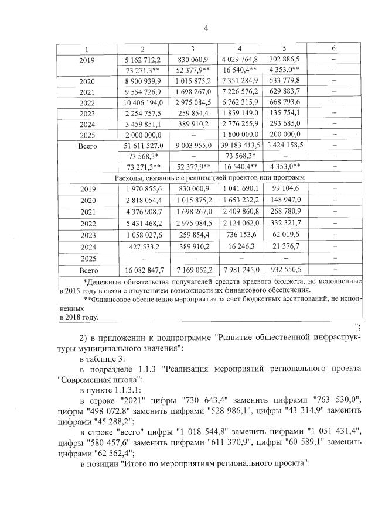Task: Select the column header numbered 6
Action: coord(333,49)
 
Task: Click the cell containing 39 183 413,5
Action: coord(238,146)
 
